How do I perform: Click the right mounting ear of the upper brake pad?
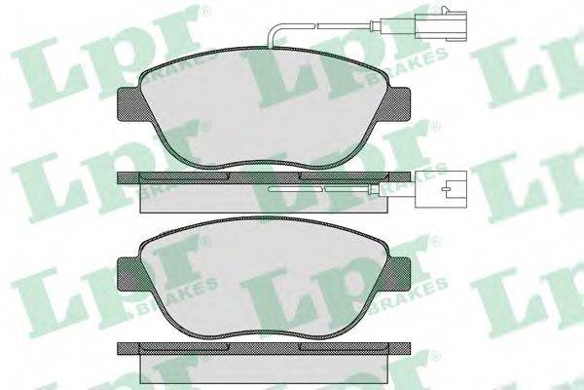coord(398,104)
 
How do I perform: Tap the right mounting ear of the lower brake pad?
coord(398,275)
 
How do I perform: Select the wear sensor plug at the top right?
coord(440,25)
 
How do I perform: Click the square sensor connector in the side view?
coord(441,189)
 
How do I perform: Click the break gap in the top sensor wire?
coord(316,25)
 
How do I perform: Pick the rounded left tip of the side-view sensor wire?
coord(271,189)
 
